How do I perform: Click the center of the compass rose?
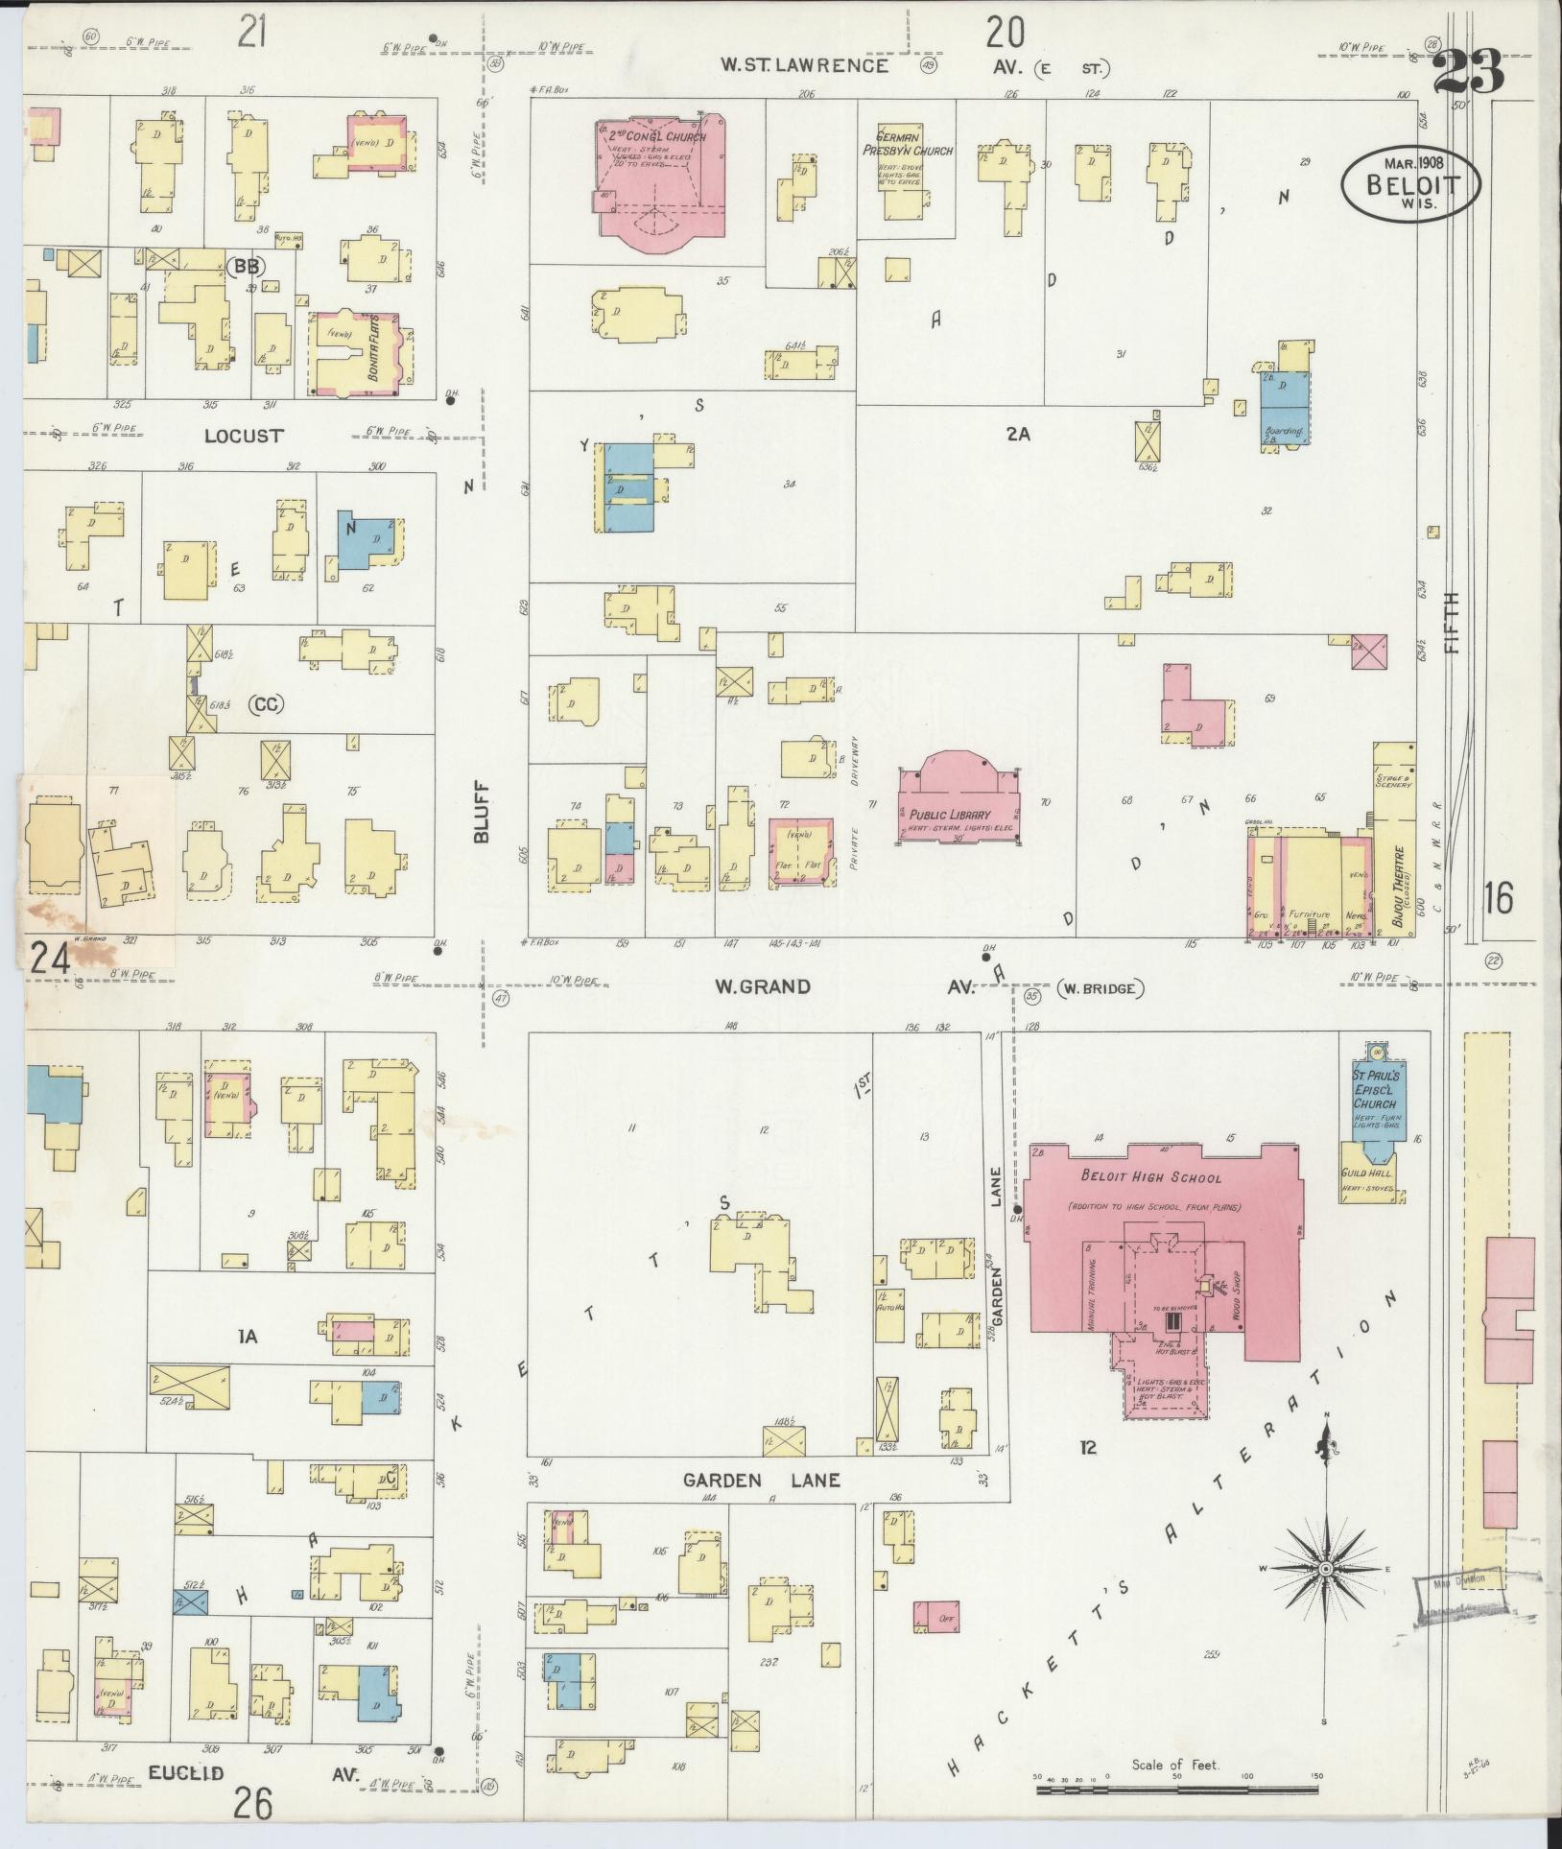coord(1324,1568)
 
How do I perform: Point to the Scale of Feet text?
coord(1174,1764)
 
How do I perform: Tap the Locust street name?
coord(244,436)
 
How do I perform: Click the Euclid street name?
coord(186,1773)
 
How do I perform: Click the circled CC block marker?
coord(267,704)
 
